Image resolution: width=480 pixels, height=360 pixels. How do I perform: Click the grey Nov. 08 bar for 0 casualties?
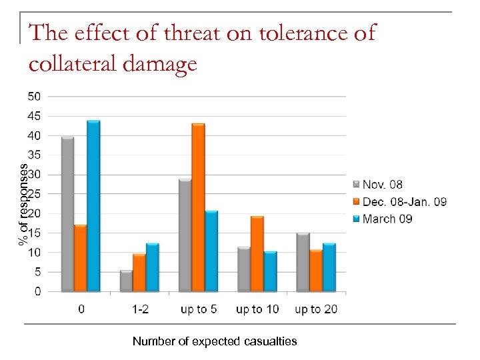point(67,214)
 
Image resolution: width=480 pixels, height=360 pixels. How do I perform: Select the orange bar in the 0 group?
point(80,258)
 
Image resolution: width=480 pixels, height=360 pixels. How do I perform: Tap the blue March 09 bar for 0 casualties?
point(93,206)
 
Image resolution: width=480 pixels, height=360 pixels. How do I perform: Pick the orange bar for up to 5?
point(198,207)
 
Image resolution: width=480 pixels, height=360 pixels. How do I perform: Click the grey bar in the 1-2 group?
point(126,281)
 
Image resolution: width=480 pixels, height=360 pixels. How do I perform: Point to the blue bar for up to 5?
point(211,251)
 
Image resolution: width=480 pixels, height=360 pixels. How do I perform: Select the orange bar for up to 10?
point(257,254)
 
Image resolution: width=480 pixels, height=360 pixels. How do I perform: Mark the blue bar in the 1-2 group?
point(152,267)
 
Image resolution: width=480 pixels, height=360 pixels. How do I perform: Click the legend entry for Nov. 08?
point(382,185)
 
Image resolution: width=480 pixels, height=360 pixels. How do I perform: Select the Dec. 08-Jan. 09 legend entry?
point(404,201)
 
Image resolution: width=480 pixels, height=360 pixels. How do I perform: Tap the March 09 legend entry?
point(388,219)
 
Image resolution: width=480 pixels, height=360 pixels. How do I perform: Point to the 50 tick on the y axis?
point(33,96)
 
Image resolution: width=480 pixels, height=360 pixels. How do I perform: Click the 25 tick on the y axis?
point(33,194)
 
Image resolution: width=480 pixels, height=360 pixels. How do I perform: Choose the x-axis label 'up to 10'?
point(257,309)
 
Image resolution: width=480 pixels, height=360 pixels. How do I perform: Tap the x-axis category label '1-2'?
point(139,309)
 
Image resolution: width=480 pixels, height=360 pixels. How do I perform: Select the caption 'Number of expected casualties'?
point(215,341)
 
